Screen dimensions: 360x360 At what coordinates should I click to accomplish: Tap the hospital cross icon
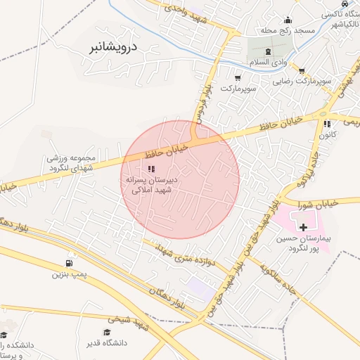click(x=303, y=227)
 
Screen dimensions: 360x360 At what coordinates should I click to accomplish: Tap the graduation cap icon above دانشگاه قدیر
click(x=108, y=333)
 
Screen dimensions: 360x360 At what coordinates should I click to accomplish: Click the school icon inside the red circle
click(x=150, y=169)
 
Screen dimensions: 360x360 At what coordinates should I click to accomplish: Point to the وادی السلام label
click(x=269, y=63)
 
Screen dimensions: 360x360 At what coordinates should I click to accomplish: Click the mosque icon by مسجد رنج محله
click(x=287, y=20)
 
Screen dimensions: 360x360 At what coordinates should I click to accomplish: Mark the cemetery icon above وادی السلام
click(x=267, y=53)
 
